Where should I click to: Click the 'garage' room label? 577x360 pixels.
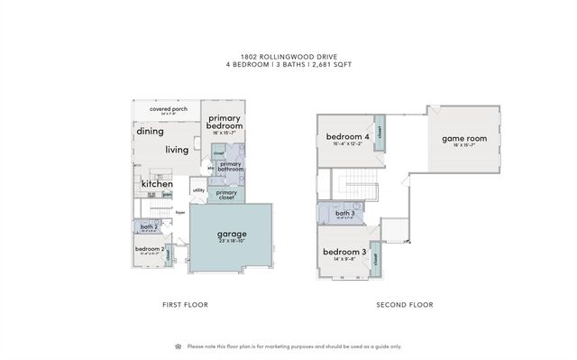click(231, 234)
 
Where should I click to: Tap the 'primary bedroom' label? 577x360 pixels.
click(224, 123)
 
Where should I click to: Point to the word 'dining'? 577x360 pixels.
click(150, 131)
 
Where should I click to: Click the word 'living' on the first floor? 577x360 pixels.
click(177, 150)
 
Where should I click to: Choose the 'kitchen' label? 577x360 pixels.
click(157, 184)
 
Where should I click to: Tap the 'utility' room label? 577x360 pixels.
click(198, 190)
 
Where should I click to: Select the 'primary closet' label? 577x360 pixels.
click(226, 194)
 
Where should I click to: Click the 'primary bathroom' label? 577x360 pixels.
click(230, 166)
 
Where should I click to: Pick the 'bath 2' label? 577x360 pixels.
click(150, 227)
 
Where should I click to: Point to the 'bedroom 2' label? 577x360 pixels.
click(149, 248)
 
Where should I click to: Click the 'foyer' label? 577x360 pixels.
click(180, 213)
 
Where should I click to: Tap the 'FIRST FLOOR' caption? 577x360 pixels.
click(185, 305)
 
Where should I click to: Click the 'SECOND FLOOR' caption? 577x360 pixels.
click(404, 305)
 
